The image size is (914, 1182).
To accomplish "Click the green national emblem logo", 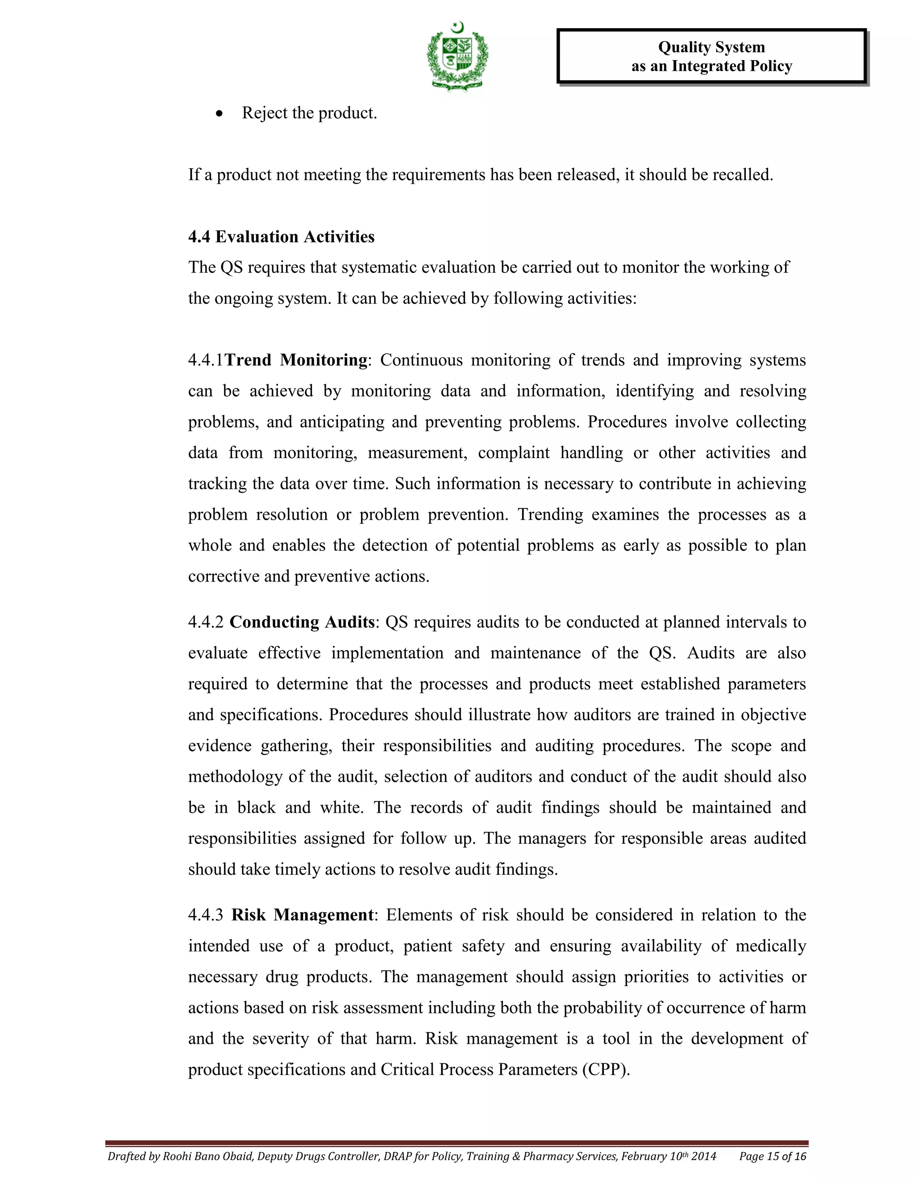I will [x=457, y=57].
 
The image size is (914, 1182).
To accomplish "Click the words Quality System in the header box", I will [x=711, y=48].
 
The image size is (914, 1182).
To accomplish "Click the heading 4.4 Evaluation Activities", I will [x=281, y=236].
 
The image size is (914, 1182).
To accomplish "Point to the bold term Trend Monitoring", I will [x=296, y=360].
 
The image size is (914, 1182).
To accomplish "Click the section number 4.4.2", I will [x=206, y=622].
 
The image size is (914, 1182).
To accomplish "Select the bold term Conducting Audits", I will [x=302, y=622].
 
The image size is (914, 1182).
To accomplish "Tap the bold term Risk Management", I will [x=302, y=915].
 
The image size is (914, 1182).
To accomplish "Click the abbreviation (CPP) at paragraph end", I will [x=605, y=1070].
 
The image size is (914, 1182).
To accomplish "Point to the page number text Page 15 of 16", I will [x=773, y=1157].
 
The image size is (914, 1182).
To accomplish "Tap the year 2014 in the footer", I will [x=704, y=1157].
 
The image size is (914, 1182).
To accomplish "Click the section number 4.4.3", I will [x=206, y=915].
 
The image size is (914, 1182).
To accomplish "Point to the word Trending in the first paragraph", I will [x=550, y=514].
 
